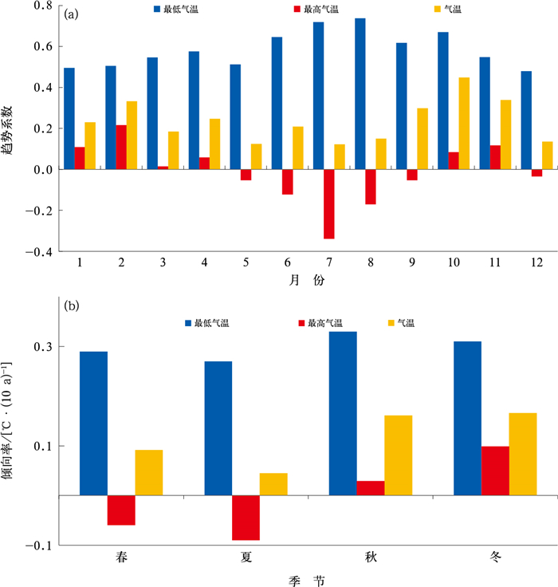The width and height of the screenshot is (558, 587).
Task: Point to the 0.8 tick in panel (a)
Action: pyautogui.click(x=42, y=6)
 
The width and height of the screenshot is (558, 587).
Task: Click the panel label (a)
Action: pyautogui.click(x=71, y=14)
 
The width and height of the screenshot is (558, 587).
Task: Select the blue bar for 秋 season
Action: pyautogui.click(x=343, y=413)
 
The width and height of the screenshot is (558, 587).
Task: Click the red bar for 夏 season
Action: pyautogui.click(x=246, y=518)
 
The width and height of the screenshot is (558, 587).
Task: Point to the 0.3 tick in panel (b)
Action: pyautogui.click(x=42, y=348)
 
